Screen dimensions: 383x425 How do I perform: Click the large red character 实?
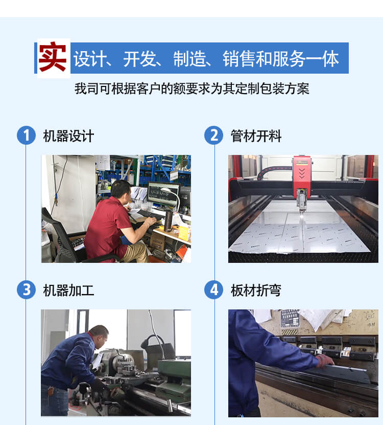point(53,57)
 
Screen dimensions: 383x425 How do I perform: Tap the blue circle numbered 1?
point(26,135)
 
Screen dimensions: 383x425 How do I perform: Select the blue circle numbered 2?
point(214,135)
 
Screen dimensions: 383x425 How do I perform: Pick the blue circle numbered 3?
point(26,290)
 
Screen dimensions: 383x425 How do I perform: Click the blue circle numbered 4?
point(214,290)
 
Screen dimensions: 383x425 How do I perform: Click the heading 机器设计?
point(69,136)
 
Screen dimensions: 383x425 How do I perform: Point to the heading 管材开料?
point(256,136)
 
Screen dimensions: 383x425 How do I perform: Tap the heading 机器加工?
point(69,290)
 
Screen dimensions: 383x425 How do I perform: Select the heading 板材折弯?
point(256,290)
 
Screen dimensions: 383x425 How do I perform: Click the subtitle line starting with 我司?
point(192,88)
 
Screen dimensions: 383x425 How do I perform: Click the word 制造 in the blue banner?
point(190,58)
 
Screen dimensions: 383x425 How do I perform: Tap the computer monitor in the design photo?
point(163,193)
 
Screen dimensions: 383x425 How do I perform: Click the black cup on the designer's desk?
point(169,220)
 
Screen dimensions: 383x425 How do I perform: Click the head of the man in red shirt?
point(121,191)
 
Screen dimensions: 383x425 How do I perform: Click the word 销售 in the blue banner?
point(240,58)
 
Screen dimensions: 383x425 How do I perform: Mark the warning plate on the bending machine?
point(290,320)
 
